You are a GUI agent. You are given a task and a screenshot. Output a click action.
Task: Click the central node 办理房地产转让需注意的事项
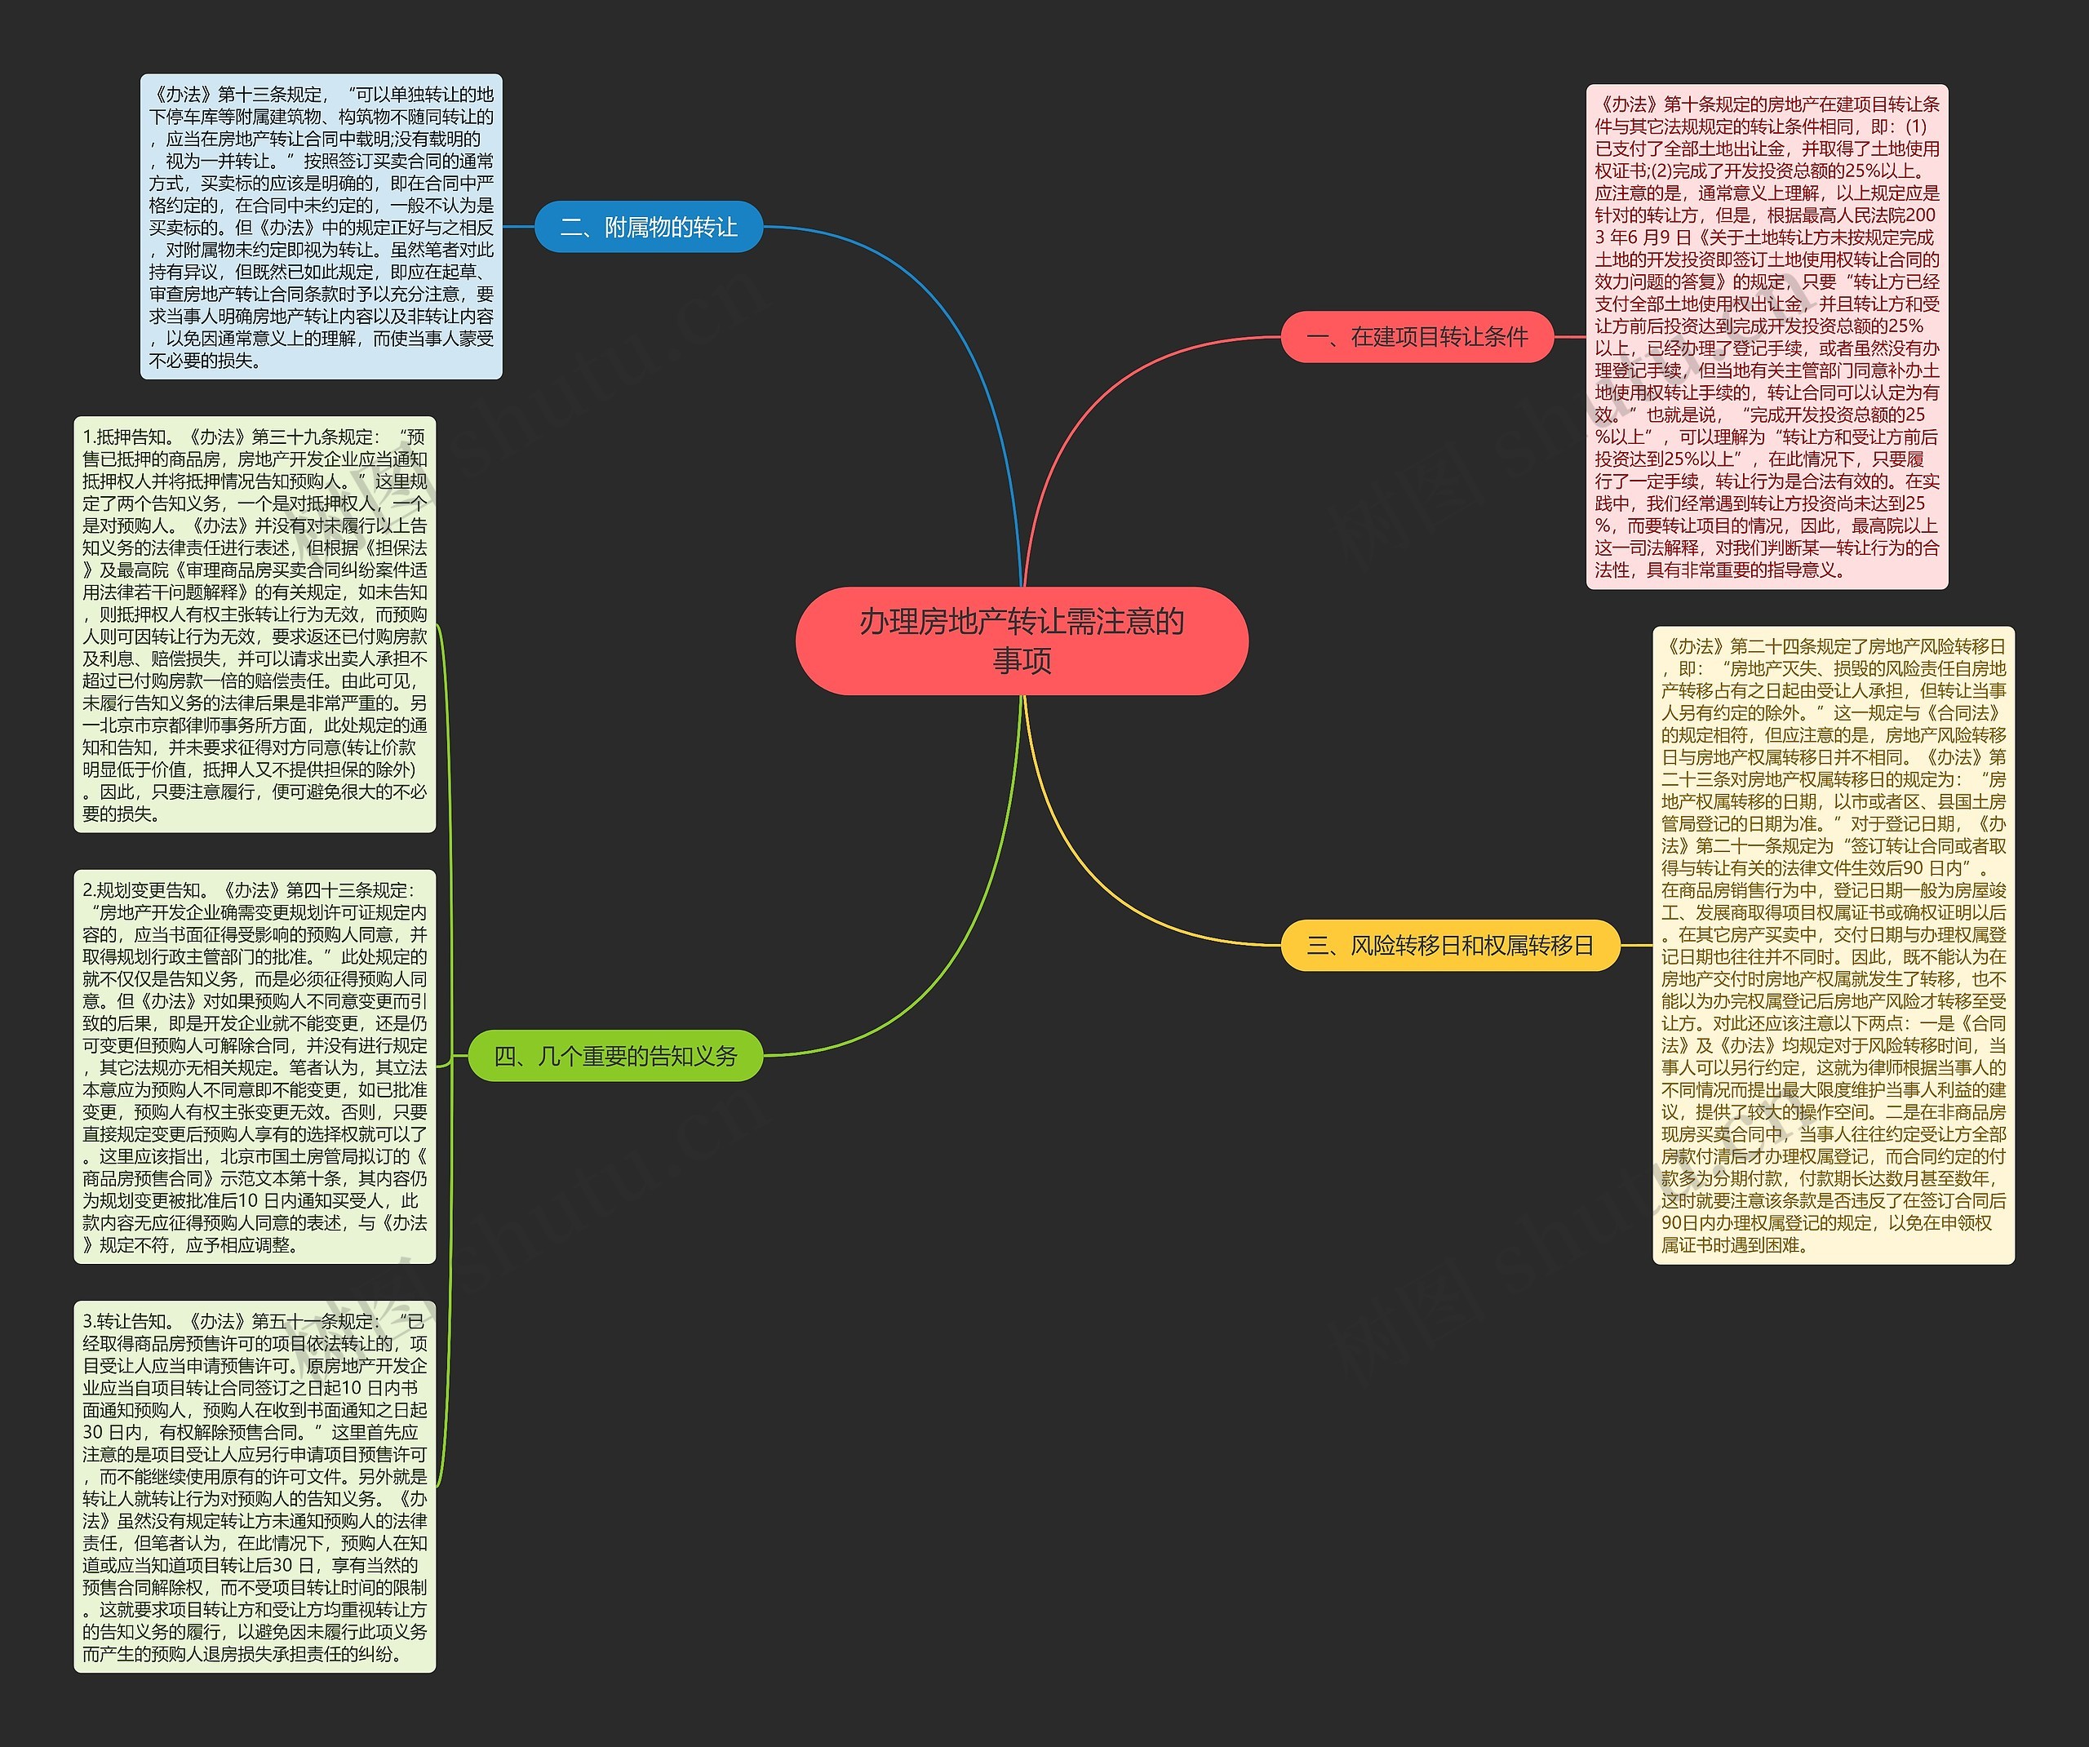[1022, 640]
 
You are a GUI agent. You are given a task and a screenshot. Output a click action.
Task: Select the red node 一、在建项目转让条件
[1417, 337]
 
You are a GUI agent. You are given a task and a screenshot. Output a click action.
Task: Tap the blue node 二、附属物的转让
[649, 227]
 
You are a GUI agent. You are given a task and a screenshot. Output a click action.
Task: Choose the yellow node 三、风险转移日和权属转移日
[1449, 945]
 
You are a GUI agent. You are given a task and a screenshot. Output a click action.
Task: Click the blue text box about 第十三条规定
[322, 227]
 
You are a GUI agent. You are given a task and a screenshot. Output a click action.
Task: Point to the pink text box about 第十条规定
[1767, 336]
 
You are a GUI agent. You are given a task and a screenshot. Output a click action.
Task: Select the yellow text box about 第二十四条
[1834, 945]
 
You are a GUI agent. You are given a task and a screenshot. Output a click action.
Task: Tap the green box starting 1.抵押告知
[255, 623]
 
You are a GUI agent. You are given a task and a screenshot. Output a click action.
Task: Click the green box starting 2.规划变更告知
[255, 1066]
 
